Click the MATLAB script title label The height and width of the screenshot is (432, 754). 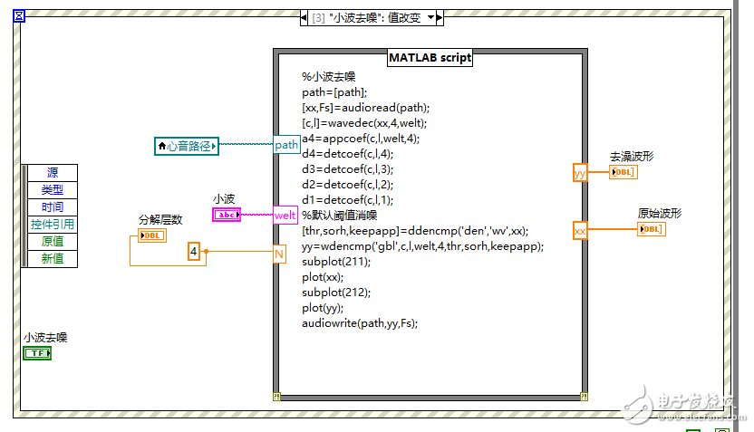coord(430,58)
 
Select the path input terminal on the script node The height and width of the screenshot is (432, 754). coord(286,145)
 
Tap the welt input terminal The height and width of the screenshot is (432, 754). coord(286,215)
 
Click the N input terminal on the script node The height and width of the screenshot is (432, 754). coord(280,254)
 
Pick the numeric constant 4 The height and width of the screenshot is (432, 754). coord(194,252)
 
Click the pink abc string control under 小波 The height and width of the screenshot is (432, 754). coord(227,215)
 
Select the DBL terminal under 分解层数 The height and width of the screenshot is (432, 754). coord(151,235)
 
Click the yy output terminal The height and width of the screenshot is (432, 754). coord(580,172)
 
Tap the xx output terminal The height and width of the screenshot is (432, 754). coord(580,231)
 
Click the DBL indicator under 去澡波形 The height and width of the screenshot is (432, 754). coord(623,172)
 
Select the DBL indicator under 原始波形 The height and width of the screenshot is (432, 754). coord(652,229)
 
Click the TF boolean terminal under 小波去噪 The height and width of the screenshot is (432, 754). coord(37,352)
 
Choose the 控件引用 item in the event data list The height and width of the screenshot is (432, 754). coord(53,225)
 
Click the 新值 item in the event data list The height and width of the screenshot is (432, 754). coord(53,259)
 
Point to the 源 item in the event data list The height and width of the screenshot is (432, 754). coord(53,173)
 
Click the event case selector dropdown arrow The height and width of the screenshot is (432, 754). coord(431,17)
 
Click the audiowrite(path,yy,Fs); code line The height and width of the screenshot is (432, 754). coord(360,323)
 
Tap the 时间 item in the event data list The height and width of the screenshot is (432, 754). coord(53,207)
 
